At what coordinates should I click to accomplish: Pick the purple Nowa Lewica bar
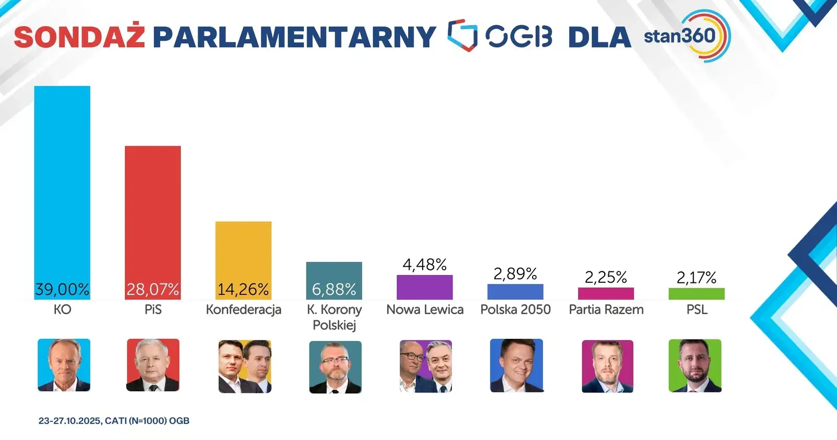point(425,287)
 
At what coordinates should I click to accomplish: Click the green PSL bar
point(696,294)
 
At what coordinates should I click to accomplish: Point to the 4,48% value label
point(425,265)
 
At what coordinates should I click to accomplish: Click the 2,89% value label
point(515,274)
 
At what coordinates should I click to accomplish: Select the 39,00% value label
point(62,289)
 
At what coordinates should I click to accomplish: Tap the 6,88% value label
point(334,289)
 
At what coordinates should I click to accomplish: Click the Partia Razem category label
point(606,310)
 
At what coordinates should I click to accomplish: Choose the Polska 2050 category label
point(515,310)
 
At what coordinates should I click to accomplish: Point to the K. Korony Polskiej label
point(334,317)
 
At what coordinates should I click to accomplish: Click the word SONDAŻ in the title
point(79,37)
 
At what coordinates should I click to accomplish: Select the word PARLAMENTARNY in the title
point(294,37)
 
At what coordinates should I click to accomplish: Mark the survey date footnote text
point(114,421)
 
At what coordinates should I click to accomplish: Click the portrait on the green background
point(695,366)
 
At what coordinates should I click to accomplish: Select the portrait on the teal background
point(335,367)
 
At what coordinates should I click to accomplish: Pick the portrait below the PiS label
point(153,365)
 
